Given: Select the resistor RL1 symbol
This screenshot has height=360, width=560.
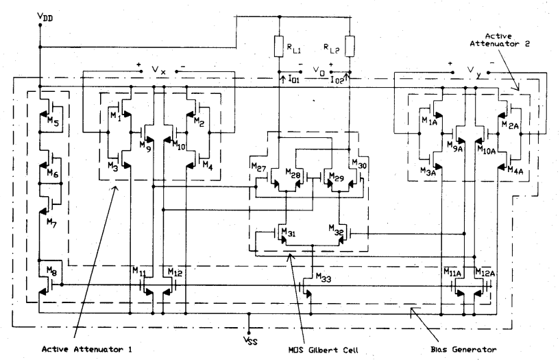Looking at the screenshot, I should pyautogui.click(x=279, y=47).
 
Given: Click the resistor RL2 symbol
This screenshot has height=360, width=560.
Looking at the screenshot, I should pyautogui.click(x=350, y=47).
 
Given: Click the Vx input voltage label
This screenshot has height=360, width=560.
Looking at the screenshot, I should pyautogui.click(x=159, y=69).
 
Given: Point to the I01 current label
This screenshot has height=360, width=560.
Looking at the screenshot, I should pyautogui.click(x=296, y=80).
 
